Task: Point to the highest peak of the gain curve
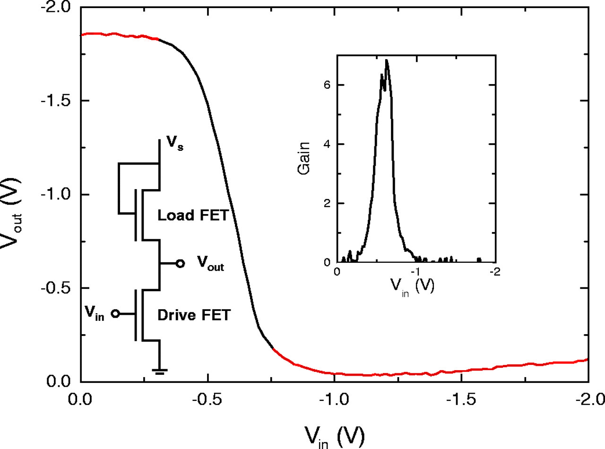(x=387, y=60)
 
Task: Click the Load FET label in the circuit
(x=193, y=216)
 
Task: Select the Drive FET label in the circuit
(x=194, y=315)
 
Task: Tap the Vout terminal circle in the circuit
(x=180, y=263)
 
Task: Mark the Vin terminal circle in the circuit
(x=114, y=313)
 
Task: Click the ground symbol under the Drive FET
(x=160, y=370)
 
